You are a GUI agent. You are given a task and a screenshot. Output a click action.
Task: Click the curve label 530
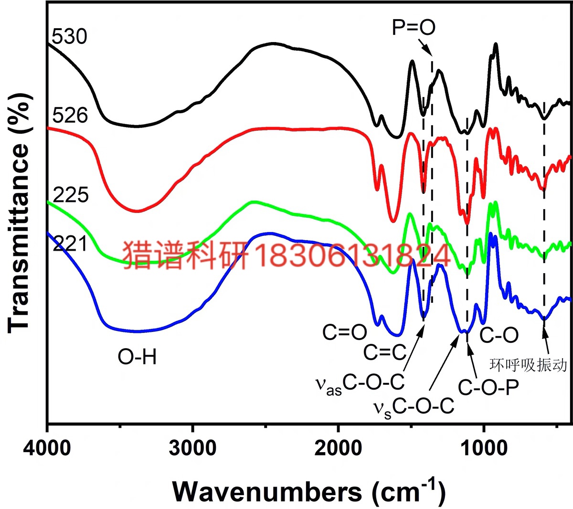tap(70, 36)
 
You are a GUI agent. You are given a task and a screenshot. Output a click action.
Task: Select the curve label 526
tap(70, 116)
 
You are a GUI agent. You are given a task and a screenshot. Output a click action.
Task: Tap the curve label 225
tap(71, 195)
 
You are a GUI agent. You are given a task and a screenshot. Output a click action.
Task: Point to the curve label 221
tap(70, 244)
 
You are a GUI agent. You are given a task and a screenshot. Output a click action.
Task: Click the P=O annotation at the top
tap(414, 28)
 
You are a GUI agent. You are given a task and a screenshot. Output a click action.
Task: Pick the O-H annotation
tap(138, 357)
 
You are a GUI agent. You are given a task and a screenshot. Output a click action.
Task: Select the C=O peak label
tap(344, 333)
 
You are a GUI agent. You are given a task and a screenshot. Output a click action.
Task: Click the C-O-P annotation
tap(488, 388)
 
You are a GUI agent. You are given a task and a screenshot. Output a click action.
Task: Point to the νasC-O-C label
tap(360, 383)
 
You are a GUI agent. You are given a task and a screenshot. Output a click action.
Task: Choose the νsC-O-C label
tap(413, 408)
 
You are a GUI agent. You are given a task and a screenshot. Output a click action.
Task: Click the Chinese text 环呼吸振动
tap(529, 365)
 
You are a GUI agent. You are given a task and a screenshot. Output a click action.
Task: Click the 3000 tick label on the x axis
tap(193, 449)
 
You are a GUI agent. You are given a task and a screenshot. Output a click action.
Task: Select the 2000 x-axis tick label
tap(339, 449)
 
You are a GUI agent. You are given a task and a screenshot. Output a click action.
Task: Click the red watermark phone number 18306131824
tap(354, 254)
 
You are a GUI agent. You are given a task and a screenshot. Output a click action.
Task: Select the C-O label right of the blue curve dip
tap(499, 335)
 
